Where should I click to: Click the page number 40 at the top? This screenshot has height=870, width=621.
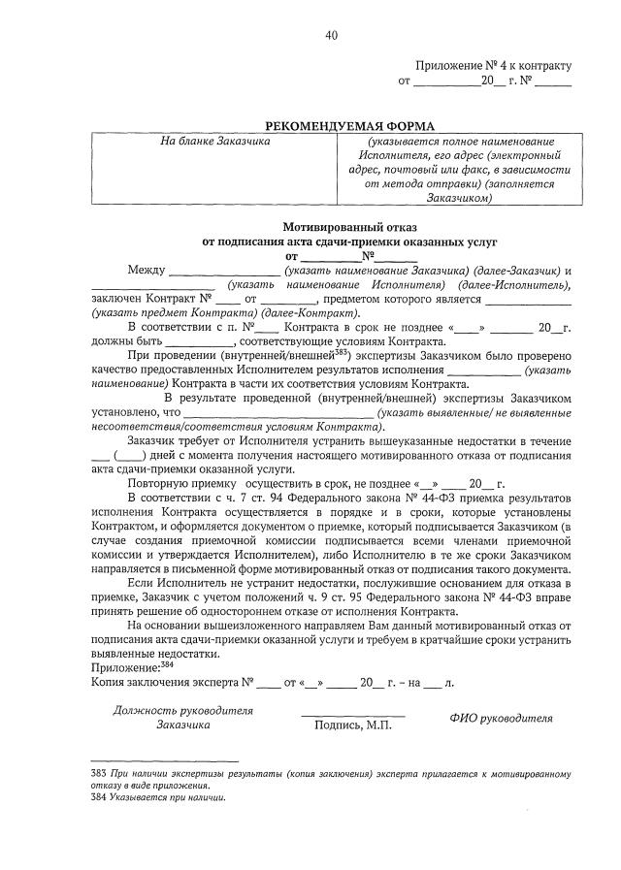coord(332,36)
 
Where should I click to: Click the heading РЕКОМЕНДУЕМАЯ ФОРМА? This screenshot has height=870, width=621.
coord(351,125)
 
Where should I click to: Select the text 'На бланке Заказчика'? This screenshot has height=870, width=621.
coord(215,142)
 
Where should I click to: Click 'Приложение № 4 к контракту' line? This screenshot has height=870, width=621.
coord(494,66)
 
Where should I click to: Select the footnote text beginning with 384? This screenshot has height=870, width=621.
coord(156,797)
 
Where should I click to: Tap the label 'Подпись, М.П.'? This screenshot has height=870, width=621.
coord(352,725)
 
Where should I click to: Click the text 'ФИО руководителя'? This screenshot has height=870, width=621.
coord(501,719)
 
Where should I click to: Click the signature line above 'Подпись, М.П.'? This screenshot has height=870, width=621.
coord(352,716)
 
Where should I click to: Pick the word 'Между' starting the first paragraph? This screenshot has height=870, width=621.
coord(146,270)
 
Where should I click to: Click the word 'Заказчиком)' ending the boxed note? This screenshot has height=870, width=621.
coord(460,198)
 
